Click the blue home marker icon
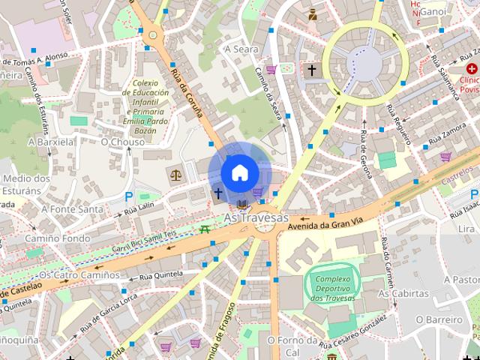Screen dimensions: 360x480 240,172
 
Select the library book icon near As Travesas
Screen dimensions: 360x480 241,203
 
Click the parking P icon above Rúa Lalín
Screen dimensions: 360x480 129,196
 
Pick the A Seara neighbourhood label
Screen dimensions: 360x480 241,49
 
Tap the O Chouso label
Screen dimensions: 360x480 122,142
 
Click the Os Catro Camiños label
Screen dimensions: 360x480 79,274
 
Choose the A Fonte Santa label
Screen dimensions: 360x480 73,209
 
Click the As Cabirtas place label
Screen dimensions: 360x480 403,293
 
